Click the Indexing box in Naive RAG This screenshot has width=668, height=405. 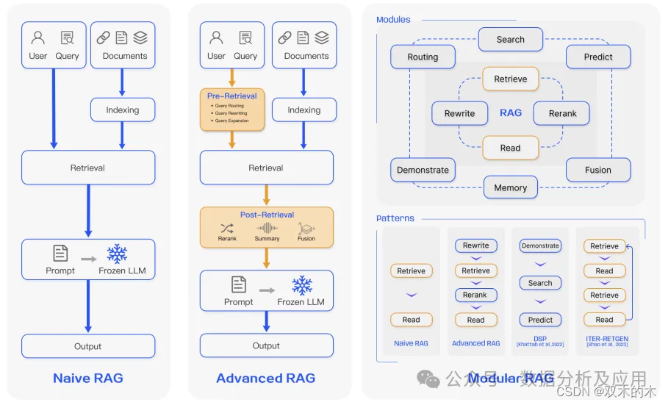122,110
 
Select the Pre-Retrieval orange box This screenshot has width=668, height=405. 231,109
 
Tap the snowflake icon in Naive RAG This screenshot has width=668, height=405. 117,254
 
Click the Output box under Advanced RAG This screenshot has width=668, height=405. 266,345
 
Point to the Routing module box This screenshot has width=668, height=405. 423,57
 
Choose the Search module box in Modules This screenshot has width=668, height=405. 510,40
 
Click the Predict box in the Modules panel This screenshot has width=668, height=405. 598,57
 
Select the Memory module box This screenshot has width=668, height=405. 510,187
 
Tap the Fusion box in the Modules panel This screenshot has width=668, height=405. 598,170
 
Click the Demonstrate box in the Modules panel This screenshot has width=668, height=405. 423,170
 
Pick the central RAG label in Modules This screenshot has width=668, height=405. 510,112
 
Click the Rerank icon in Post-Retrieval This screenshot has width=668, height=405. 227,229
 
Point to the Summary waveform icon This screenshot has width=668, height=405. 267,228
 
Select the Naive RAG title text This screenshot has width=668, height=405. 88,379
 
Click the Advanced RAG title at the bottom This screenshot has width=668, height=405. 266,379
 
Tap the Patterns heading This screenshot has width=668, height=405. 395,218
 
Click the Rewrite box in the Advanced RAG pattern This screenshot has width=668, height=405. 475,245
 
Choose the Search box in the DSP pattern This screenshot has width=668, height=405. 540,283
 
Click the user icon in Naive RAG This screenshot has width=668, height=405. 38,38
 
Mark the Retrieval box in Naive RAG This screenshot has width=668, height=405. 88,168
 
